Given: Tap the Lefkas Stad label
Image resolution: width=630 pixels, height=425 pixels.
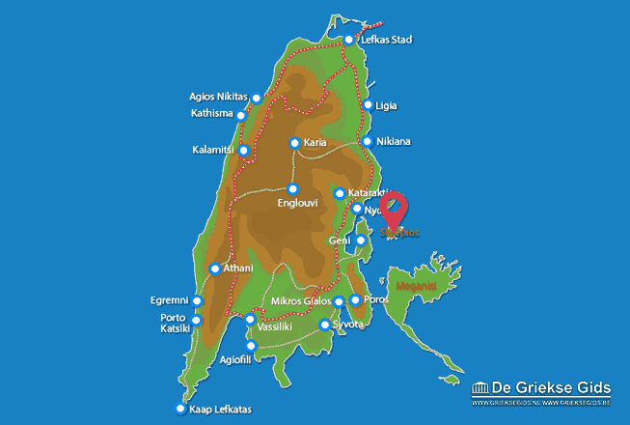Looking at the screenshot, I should coord(386,41).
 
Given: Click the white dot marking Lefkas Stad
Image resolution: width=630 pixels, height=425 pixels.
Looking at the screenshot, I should coord(349,41).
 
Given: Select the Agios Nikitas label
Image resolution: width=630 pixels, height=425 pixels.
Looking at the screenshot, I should coord(219,97).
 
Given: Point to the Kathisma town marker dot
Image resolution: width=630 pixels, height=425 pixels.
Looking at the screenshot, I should coord(241,115).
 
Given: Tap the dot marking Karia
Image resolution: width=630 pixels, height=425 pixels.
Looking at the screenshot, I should coord(295,143).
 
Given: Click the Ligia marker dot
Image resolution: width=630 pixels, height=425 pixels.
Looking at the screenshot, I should coord(368,105).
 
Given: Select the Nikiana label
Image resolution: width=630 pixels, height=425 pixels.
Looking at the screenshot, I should coord(394,142).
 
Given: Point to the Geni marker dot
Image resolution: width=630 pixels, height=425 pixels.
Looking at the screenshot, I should coord(361,241).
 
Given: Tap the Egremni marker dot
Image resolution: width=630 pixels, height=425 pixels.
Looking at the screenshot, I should coord(198,301).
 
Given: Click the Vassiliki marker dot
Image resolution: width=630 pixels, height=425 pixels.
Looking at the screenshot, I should coord(250,319).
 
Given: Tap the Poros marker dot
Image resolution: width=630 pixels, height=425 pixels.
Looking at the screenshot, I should coord(355,300).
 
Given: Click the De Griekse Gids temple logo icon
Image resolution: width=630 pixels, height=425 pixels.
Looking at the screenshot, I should coord(480,389).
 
